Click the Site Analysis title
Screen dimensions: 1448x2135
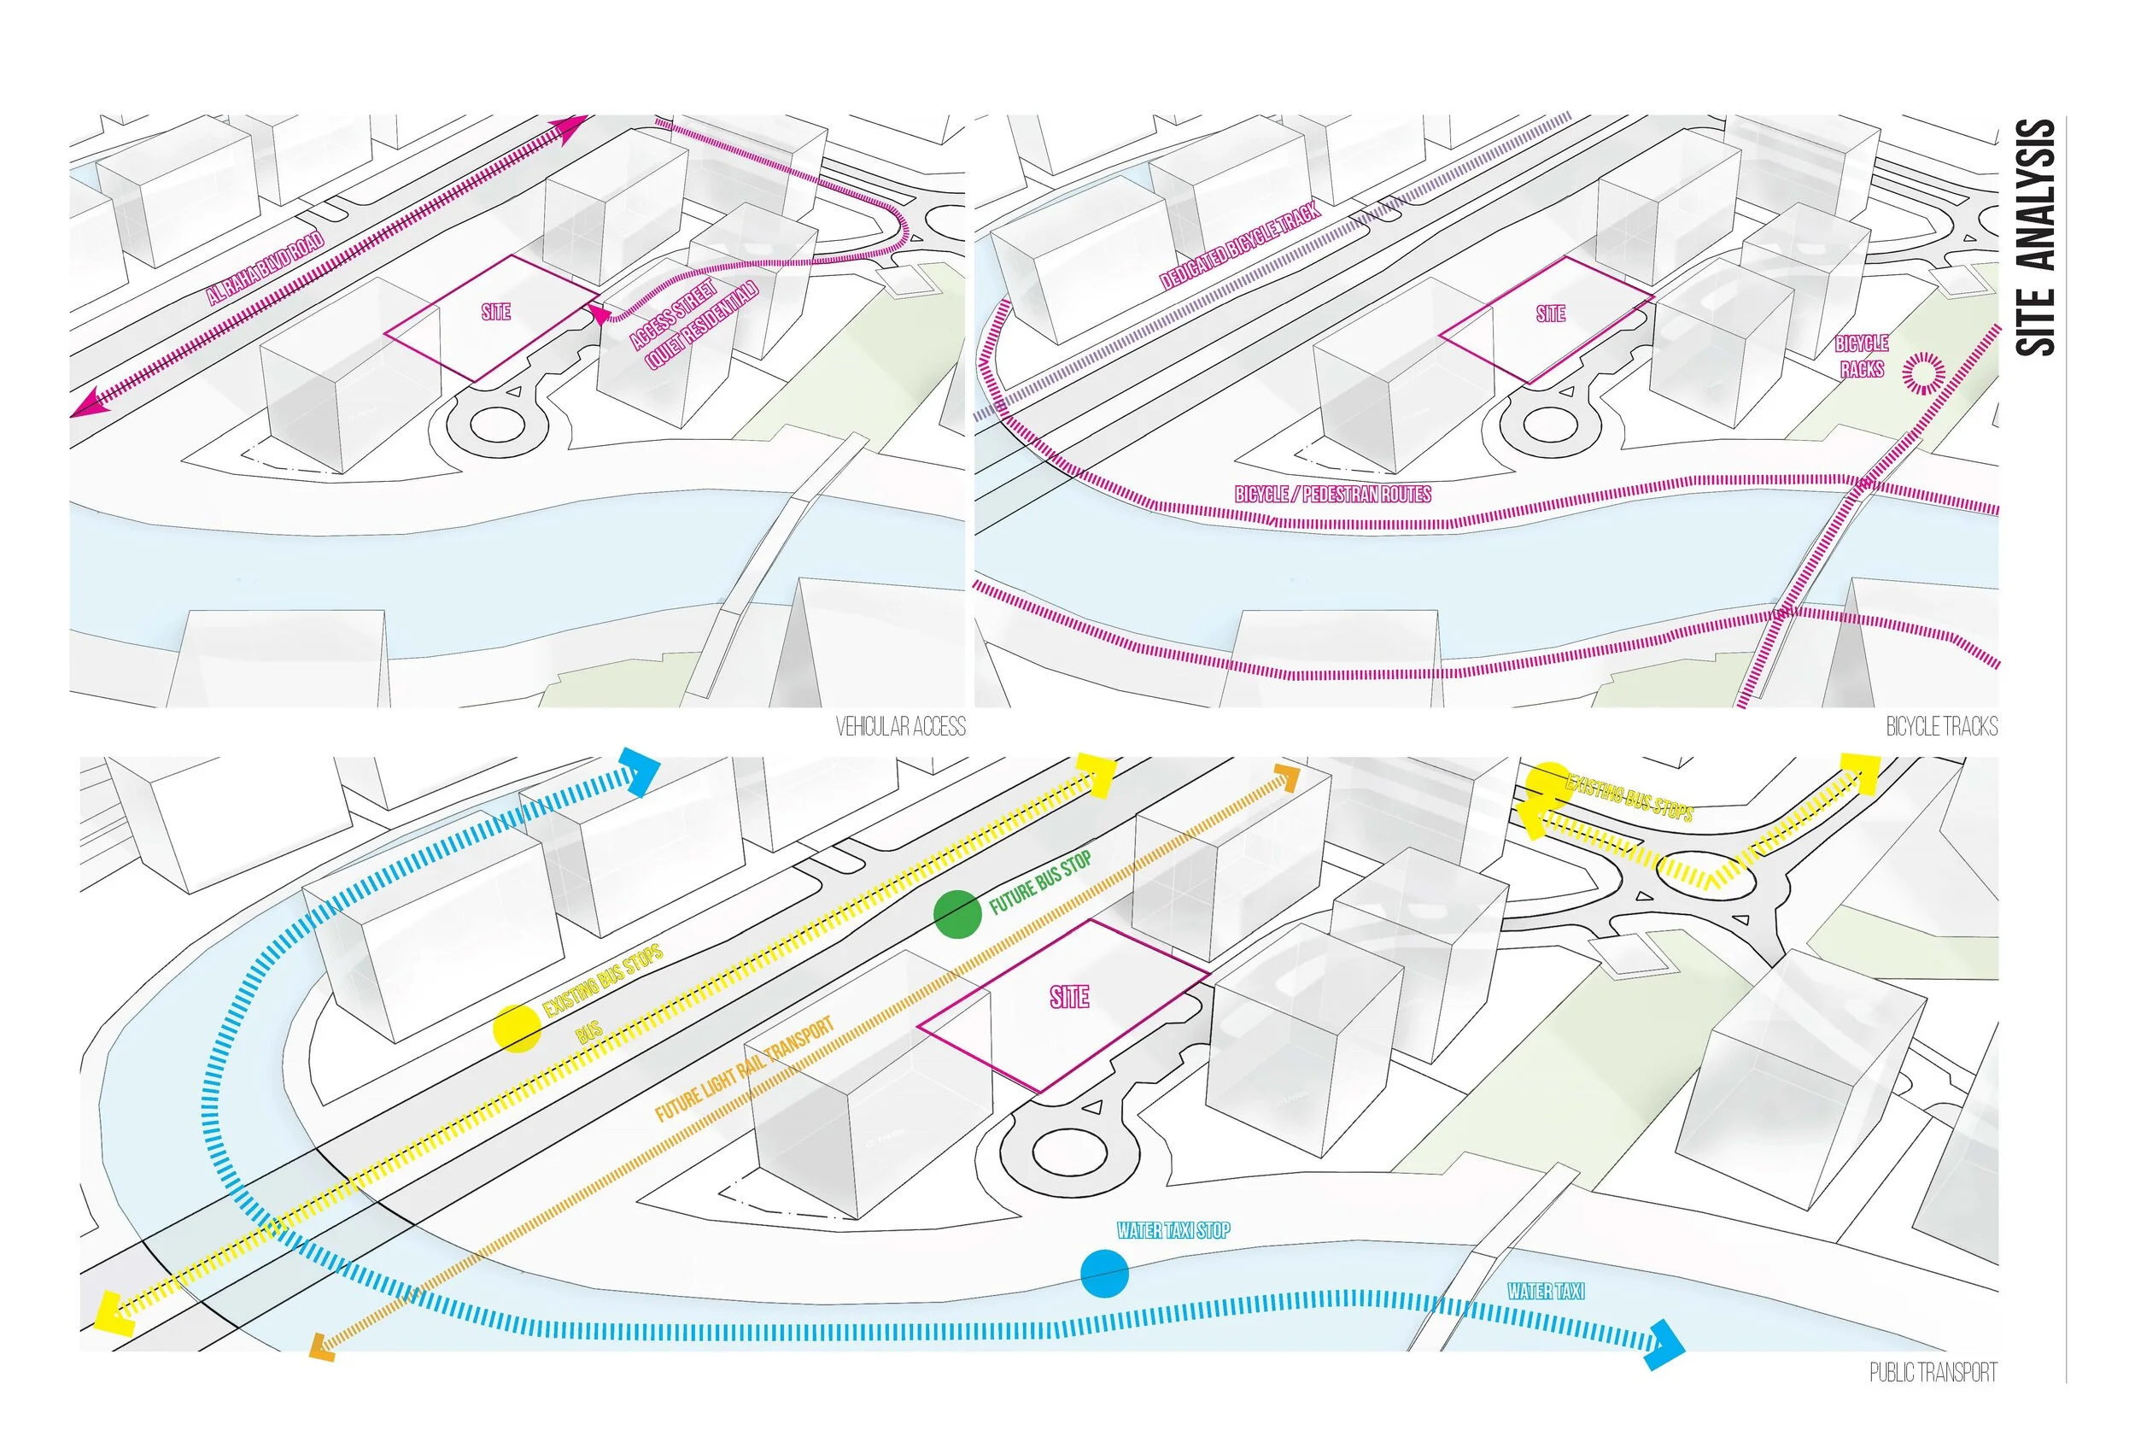pyautogui.click(x=2034, y=237)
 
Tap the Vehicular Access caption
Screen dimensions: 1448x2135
pyautogui.click(x=900, y=728)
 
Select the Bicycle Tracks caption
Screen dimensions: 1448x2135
pyautogui.click(x=1941, y=728)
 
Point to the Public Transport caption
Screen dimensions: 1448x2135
pyautogui.click(x=1933, y=1373)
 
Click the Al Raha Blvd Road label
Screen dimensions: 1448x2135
pyautogui.click(x=265, y=270)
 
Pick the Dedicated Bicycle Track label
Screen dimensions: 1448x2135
pyautogui.click(x=1239, y=246)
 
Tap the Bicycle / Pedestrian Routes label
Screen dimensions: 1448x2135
pyautogui.click(x=1332, y=495)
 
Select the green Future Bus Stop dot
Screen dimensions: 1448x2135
pyautogui.click(x=957, y=914)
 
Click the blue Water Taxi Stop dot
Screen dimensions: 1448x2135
pyautogui.click(x=1103, y=1274)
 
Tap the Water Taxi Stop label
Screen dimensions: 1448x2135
pyautogui.click(x=1173, y=1231)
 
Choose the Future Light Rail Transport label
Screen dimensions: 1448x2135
pyautogui.click(x=744, y=1070)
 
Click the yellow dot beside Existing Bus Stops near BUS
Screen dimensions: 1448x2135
pyautogui.click(x=517, y=1028)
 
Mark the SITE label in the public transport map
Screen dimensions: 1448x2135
pyautogui.click(x=1069, y=998)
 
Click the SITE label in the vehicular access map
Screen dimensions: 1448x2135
pyautogui.click(x=496, y=313)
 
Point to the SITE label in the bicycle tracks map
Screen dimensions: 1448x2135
pyautogui.click(x=1551, y=314)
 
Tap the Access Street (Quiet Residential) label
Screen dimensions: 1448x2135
pyautogui.click(x=694, y=324)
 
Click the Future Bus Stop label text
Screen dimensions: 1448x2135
pyautogui.click(x=1040, y=883)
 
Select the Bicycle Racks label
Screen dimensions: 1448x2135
pyautogui.click(x=1861, y=356)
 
